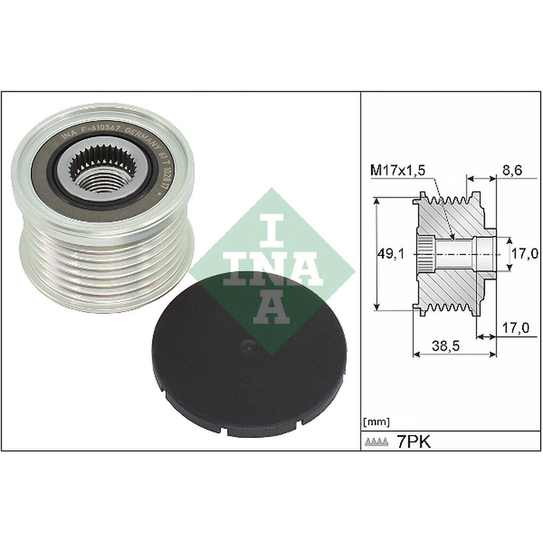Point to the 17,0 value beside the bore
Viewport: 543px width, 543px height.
pos(521,255)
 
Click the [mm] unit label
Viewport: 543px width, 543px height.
pos(376,422)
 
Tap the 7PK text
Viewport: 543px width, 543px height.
pos(414,442)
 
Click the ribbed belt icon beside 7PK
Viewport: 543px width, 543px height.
pos(378,442)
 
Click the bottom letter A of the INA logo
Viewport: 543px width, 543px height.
pos(271,308)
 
